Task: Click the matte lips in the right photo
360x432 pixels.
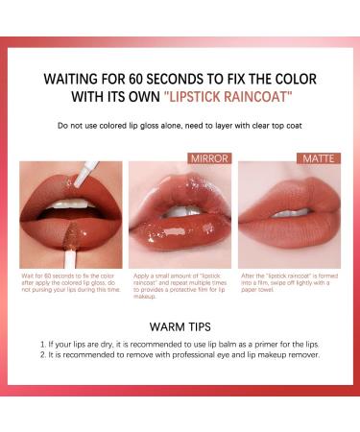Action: pyautogui.click(x=289, y=221)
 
